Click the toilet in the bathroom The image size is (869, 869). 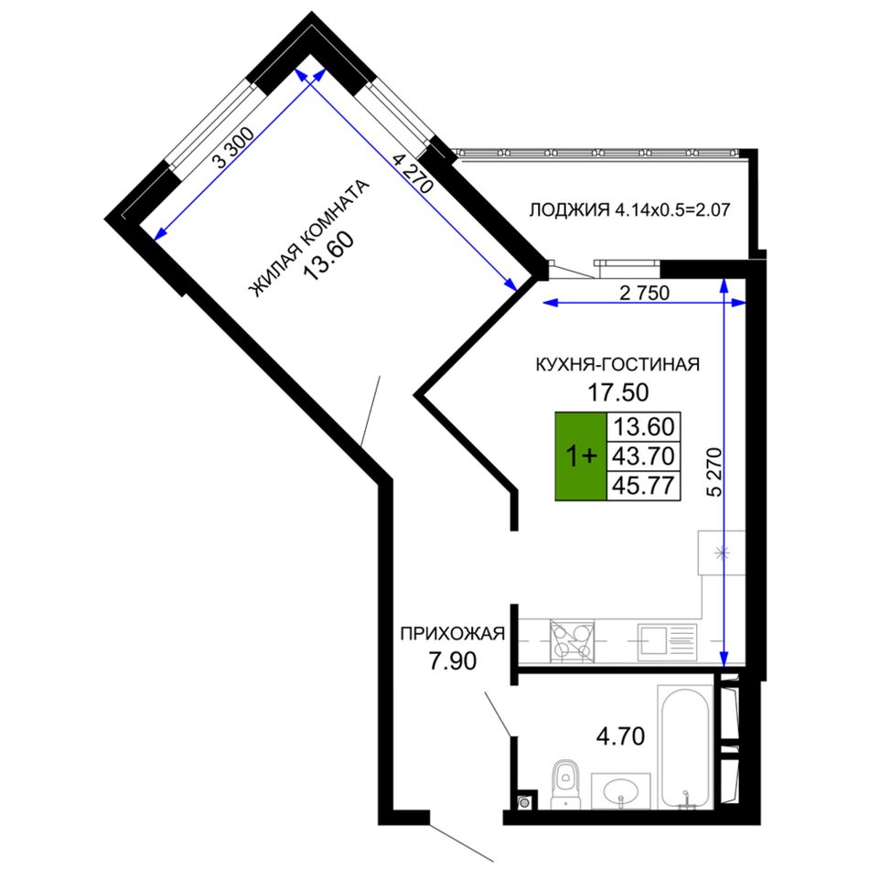tap(565, 784)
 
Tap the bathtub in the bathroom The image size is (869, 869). tap(685, 747)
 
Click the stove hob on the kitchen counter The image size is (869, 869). tap(572, 641)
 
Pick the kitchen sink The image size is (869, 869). tap(667, 642)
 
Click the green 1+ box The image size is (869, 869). tap(581, 456)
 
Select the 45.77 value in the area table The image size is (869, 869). tap(643, 486)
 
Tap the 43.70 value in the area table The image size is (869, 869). tap(643, 456)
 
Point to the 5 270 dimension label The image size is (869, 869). tap(715, 472)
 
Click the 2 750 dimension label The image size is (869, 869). tap(645, 293)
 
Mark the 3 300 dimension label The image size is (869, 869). tap(234, 147)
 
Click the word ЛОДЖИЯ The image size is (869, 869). tap(569, 210)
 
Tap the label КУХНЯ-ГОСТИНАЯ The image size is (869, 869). tap(617, 364)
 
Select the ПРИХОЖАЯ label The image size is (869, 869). tap(452, 634)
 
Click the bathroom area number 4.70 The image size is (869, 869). tap(620, 736)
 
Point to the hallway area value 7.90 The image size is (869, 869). tap(453, 660)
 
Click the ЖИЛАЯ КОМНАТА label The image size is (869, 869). tap(307, 239)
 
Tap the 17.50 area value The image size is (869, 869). tap(618, 392)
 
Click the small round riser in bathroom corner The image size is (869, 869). tap(524, 801)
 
